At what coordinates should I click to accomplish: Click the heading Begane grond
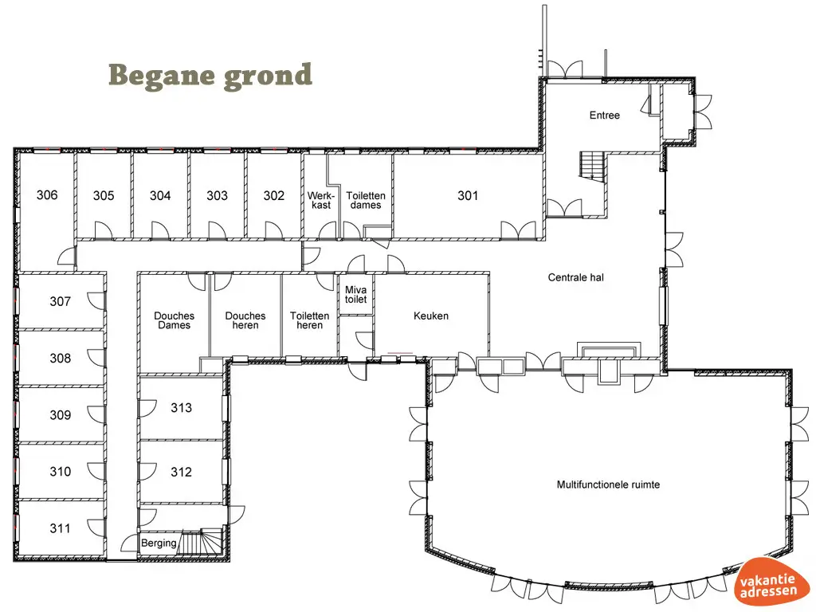pos(210,76)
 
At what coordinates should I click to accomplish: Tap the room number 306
pos(47,195)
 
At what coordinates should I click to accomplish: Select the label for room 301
pos(468,195)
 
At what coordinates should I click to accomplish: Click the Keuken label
pos(430,316)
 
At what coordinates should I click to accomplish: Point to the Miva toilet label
pos(355,295)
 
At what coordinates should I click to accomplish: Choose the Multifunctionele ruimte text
pos(608,484)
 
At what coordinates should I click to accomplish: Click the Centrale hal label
pos(575,278)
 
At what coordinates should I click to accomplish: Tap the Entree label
pos(604,116)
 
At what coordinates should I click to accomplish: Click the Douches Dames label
pos(174,320)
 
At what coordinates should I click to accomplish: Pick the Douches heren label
pos(245,320)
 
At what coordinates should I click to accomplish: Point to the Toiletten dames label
pos(366,200)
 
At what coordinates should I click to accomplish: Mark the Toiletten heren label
pos(309,320)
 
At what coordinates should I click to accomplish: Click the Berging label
pos(159,543)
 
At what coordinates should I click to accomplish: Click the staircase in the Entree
pos(593,166)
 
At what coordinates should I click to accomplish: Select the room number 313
pos(181,408)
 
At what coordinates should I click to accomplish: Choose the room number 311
pos(60,528)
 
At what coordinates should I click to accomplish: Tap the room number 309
pos(60,415)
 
